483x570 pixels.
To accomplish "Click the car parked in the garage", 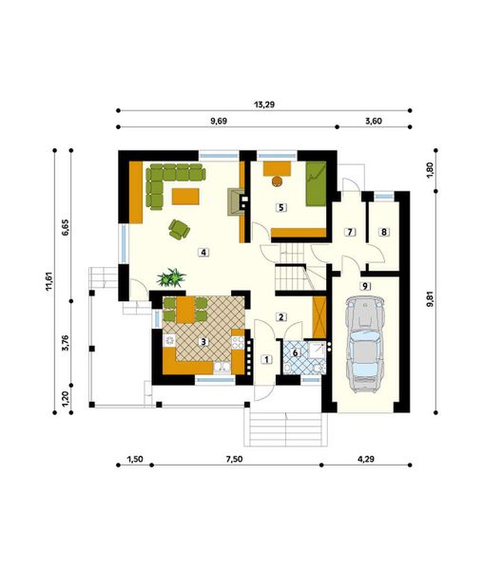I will (x=366, y=344).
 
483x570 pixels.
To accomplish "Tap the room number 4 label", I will (x=202, y=253).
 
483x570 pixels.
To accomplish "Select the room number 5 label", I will (x=280, y=206).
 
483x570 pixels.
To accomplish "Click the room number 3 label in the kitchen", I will (x=202, y=340).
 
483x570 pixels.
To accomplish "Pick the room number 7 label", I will (x=349, y=232).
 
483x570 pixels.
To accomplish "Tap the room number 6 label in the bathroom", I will (x=295, y=352).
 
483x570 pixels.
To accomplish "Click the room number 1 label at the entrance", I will (x=266, y=359).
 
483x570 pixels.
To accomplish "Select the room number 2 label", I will (x=280, y=316).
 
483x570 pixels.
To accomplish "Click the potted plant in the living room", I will (x=172, y=277).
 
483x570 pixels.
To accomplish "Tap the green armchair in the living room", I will (x=178, y=228).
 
